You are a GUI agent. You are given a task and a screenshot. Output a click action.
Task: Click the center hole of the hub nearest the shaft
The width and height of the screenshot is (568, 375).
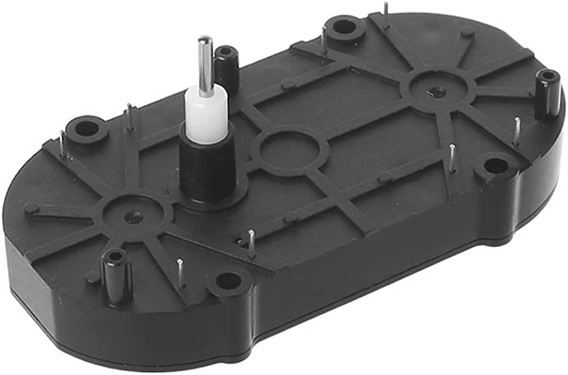[132, 217]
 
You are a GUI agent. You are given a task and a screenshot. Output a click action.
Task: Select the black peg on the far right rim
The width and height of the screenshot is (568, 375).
[547, 94]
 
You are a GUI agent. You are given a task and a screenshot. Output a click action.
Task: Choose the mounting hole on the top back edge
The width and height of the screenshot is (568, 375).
[344, 27]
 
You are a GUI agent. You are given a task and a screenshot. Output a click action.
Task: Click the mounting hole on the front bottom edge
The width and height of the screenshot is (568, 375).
[228, 280]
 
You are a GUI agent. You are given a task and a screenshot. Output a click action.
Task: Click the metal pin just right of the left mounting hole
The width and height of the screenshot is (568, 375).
[130, 116]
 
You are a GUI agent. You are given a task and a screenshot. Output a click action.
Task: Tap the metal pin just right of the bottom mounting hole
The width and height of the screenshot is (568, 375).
[252, 242]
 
